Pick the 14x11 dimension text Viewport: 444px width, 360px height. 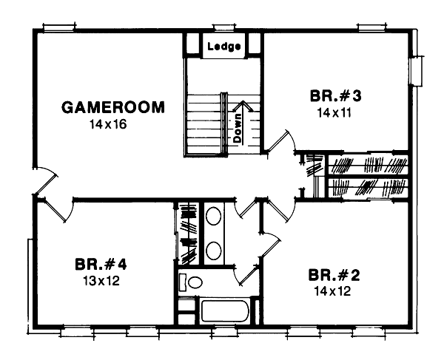point(332,113)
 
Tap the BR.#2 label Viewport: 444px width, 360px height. point(334,276)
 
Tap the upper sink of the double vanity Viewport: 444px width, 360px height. point(214,217)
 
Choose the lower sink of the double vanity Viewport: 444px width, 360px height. point(214,250)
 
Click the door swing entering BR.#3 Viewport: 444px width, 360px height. point(279,142)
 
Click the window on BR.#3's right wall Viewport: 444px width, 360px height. point(417,71)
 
